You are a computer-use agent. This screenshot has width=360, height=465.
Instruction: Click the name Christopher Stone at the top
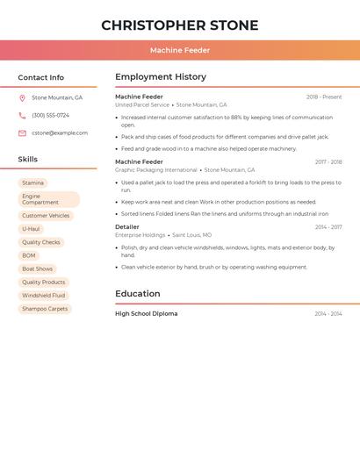coord(180,25)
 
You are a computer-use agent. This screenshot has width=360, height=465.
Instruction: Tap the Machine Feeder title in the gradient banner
coord(180,51)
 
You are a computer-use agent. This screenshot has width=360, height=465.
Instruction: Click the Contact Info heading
coord(41,77)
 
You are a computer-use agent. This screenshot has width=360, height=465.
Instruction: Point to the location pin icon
coord(22,97)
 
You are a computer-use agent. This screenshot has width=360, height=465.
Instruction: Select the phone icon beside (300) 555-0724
coord(22,115)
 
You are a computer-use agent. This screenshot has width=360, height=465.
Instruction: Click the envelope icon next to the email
coord(22,132)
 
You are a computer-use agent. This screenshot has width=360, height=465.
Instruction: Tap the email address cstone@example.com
coord(60,132)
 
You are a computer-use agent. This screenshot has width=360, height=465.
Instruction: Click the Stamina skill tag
coord(32,182)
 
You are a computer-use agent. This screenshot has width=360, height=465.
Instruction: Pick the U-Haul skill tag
coord(31,228)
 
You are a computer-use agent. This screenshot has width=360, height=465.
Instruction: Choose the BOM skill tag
coord(29,255)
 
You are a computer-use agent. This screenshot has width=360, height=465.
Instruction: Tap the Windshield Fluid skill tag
coord(44,296)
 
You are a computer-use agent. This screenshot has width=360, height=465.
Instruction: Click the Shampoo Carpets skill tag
coord(45,309)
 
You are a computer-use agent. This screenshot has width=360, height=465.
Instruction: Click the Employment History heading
coord(161,77)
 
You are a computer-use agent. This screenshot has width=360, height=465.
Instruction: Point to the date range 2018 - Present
coord(324,97)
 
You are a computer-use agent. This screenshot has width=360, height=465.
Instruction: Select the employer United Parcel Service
coord(142,104)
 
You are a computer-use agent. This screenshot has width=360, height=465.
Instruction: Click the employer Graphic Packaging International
coord(156,169)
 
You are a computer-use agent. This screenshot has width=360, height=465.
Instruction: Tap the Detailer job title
coord(127,226)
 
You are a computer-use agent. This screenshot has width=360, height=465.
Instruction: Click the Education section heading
coord(138,294)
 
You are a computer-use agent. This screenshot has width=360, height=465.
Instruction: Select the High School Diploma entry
coord(147,313)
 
